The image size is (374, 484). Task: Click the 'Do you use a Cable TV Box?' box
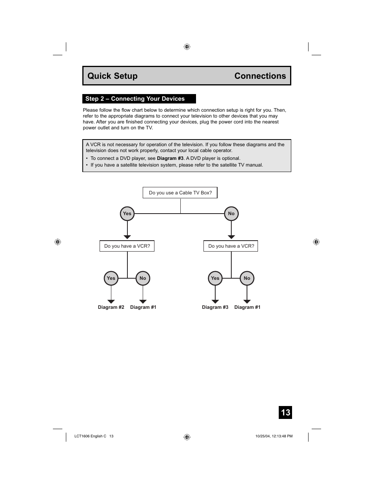[180, 193]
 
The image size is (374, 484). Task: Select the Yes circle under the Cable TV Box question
[127, 214]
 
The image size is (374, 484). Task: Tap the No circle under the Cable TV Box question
[231, 214]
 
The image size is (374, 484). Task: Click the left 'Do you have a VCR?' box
[127, 246]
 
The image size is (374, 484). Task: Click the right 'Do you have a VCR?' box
[231, 246]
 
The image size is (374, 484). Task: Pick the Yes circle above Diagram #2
[111, 278]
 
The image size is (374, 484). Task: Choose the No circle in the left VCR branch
[143, 278]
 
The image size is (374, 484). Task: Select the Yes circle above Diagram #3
[215, 278]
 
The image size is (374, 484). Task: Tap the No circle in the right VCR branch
[247, 278]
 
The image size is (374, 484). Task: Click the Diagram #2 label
[111, 307]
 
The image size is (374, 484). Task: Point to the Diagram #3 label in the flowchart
[215, 307]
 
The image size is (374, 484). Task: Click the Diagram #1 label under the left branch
[143, 307]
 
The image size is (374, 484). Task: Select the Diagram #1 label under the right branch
[247, 307]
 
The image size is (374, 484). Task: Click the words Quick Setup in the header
[113, 76]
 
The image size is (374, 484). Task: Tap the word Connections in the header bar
[260, 76]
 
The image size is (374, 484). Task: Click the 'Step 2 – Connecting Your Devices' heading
[135, 99]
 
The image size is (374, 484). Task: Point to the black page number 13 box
[285, 412]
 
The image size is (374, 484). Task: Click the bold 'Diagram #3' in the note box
[170, 158]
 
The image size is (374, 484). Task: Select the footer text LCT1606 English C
[90, 436]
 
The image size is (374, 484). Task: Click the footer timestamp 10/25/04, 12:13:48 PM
[274, 436]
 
